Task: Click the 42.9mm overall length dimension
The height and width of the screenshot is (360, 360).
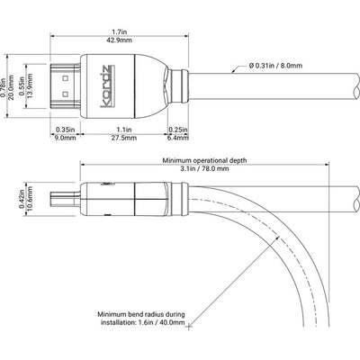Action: pos(120,40)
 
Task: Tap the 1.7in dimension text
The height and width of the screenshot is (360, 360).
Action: pos(120,31)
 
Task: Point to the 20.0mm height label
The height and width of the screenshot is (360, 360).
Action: pos(11,85)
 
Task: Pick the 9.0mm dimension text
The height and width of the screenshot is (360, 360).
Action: pos(66,138)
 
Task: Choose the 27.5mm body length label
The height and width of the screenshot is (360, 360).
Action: pos(124,138)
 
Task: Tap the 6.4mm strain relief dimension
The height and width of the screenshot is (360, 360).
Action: pos(178,138)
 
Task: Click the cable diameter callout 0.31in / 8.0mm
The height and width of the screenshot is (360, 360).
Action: pos(275,65)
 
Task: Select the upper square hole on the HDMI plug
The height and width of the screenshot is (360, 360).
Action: pos(66,79)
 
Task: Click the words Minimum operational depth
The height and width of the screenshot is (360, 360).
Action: pos(204,160)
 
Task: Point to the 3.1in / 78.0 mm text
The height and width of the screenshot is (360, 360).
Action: pos(204,168)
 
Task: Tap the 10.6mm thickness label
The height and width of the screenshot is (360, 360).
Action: pos(30,198)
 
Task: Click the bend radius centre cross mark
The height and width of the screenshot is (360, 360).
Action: pos(189,327)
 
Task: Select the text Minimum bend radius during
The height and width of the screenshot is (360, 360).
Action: pos(141,315)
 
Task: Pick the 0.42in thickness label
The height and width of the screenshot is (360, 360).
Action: pos(22,198)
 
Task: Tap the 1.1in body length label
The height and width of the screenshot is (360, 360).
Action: pos(124,130)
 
